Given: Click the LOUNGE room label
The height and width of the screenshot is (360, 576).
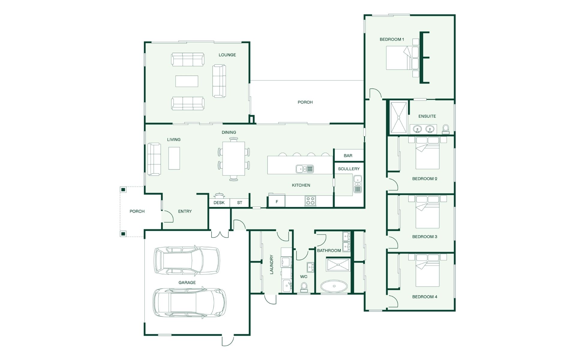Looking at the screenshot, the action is click(x=227, y=55).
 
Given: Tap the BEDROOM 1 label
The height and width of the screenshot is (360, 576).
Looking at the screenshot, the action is click(x=392, y=39).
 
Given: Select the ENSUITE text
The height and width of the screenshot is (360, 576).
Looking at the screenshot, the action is click(x=427, y=116).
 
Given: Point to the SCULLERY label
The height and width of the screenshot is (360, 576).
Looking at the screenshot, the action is click(x=349, y=169).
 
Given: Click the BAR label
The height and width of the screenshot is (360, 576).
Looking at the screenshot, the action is click(x=348, y=156).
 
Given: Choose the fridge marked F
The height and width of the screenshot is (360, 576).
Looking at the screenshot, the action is click(x=277, y=202).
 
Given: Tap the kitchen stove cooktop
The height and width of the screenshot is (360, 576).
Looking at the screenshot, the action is click(x=310, y=200).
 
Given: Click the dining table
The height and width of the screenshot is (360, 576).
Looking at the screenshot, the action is click(x=234, y=158).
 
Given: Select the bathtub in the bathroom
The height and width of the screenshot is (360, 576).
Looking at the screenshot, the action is click(x=334, y=286).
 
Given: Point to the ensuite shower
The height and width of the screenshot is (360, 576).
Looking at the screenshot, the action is click(x=399, y=117).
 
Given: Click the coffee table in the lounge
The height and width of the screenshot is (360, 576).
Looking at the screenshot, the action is click(x=187, y=81).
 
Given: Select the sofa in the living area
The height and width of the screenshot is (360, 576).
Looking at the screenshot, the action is click(x=154, y=159).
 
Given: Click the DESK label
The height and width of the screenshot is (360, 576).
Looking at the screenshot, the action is click(x=219, y=203).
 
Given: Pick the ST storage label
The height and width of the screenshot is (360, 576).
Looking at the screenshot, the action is click(x=239, y=203).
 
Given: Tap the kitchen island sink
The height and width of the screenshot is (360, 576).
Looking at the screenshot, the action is click(x=304, y=169).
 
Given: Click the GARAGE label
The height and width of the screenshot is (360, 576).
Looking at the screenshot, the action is click(x=187, y=283).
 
